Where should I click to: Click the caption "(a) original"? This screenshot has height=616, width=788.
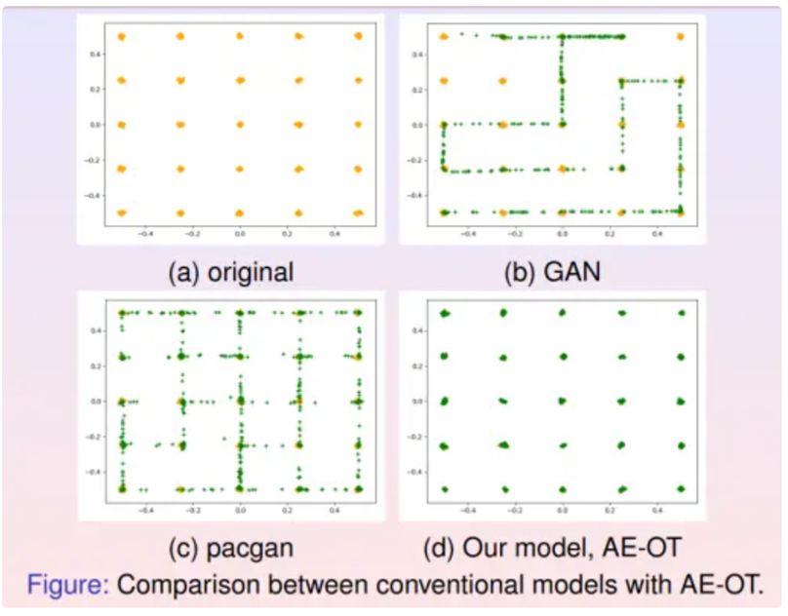[x=230, y=271]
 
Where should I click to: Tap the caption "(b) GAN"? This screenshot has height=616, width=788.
[x=551, y=271]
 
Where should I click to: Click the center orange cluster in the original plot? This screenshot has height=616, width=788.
[x=240, y=125]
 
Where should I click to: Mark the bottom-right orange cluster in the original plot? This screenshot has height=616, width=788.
[x=358, y=212]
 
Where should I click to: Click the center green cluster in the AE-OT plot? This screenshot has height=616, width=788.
[x=562, y=401]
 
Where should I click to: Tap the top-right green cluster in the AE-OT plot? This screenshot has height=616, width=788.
[x=682, y=313]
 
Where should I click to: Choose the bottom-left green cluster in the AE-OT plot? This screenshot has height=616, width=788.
[x=444, y=488]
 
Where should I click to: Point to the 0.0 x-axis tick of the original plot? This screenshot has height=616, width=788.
[x=240, y=234]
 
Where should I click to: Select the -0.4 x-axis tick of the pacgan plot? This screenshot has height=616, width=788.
[x=146, y=509]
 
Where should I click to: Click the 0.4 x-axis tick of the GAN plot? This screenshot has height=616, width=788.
[x=655, y=234]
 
